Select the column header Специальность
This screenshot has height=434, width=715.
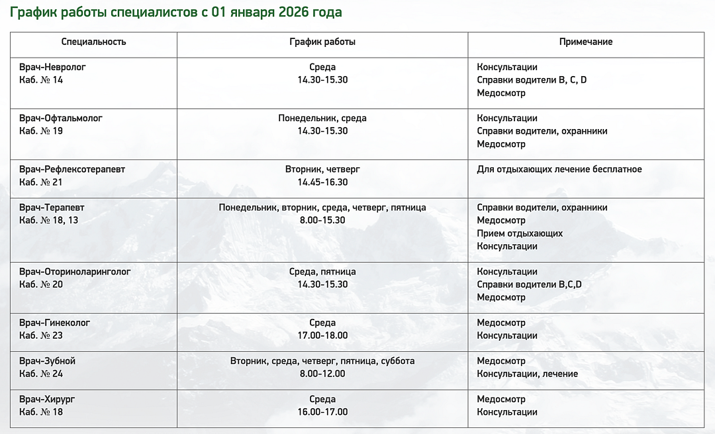pyautogui.click(x=93, y=42)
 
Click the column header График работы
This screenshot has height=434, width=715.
pyautogui.click(x=322, y=42)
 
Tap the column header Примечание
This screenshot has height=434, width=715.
pyautogui.click(x=585, y=42)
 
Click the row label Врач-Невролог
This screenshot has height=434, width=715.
pyautogui.click(x=53, y=67)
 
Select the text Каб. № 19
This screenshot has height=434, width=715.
pyautogui.click(x=41, y=131)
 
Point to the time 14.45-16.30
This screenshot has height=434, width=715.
pyautogui.click(x=322, y=182)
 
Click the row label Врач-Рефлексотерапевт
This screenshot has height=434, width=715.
pyautogui.click(x=72, y=169)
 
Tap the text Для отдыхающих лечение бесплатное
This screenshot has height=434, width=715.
pyautogui.click(x=559, y=169)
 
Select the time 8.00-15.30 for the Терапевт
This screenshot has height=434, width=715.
pyautogui.click(x=322, y=220)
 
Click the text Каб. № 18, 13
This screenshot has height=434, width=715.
pyautogui.click(x=49, y=220)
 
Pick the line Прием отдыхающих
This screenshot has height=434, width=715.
pyautogui.click(x=520, y=234)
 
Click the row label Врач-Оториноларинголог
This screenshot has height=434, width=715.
pyautogui.click(x=75, y=272)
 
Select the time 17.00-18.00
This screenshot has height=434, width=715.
pyautogui.click(x=322, y=335)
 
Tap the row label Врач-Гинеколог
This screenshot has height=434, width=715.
pyautogui.click(x=55, y=323)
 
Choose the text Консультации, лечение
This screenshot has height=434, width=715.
pyautogui.click(x=527, y=374)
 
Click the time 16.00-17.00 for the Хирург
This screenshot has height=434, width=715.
pyautogui.click(x=322, y=412)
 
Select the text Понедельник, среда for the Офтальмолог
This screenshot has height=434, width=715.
pyautogui.click(x=322, y=118)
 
